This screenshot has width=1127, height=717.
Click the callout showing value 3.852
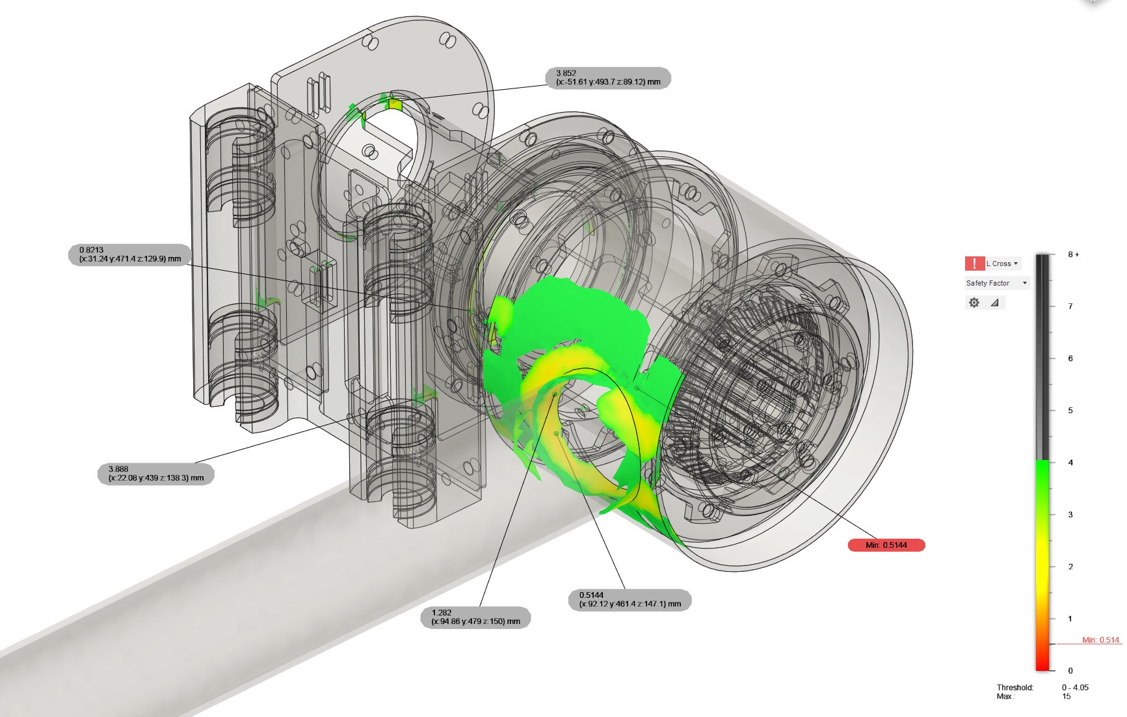click(607, 78)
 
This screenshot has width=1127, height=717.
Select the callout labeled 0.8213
click(130, 254)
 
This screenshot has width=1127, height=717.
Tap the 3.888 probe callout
click(156, 474)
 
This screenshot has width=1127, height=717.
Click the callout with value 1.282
click(475, 617)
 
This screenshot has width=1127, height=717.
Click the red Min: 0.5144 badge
click(886, 545)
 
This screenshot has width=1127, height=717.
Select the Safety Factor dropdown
click(996, 283)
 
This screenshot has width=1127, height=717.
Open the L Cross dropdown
click(1002, 264)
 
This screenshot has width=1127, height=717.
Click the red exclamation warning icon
click(974, 264)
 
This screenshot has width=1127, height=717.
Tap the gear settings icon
click(974, 303)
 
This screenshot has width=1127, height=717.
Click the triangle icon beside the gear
click(994, 303)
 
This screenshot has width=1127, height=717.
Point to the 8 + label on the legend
click(1073, 254)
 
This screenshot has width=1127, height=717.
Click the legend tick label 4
click(1070, 463)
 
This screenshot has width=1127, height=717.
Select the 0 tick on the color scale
click(1070, 671)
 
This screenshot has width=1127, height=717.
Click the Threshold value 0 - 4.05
click(1075, 688)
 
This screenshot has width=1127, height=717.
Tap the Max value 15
click(1067, 697)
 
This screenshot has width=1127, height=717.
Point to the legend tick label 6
click(1070, 358)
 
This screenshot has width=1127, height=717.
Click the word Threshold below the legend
click(1014, 688)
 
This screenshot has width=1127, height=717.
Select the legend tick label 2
click(1070, 567)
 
